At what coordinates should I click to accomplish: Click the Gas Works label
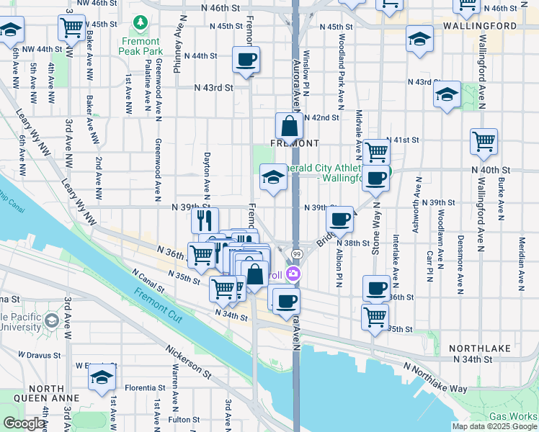click(513, 416)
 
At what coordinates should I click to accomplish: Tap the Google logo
click(24, 423)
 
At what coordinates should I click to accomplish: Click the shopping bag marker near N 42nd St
click(288, 127)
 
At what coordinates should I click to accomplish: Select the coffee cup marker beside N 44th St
click(246, 60)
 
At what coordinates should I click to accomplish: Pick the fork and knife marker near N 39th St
click(205, 220)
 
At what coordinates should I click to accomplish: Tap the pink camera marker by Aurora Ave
click(293, 274)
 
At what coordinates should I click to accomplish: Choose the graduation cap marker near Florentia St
click(102, 379)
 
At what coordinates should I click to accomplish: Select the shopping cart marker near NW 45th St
click(72, 28)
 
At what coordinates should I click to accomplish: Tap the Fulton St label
click(184, 419)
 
